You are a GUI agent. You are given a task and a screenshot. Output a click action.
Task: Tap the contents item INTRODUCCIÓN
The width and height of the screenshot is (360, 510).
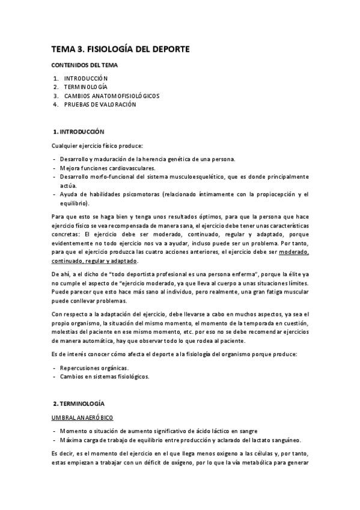tap(86, 79)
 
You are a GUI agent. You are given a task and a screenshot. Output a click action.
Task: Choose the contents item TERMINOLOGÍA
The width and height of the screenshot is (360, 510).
tap(85, 87)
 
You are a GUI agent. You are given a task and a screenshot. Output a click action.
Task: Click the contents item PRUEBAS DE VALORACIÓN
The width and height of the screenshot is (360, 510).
tap(100, 104)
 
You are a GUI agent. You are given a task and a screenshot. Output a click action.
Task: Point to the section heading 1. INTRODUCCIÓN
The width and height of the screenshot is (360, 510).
tap(79, 131)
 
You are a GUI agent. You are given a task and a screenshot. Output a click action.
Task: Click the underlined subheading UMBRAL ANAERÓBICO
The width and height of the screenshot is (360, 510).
tap(82, 417)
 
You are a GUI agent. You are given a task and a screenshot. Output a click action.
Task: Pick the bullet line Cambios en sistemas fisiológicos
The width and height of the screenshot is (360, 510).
tap(104, 376)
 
